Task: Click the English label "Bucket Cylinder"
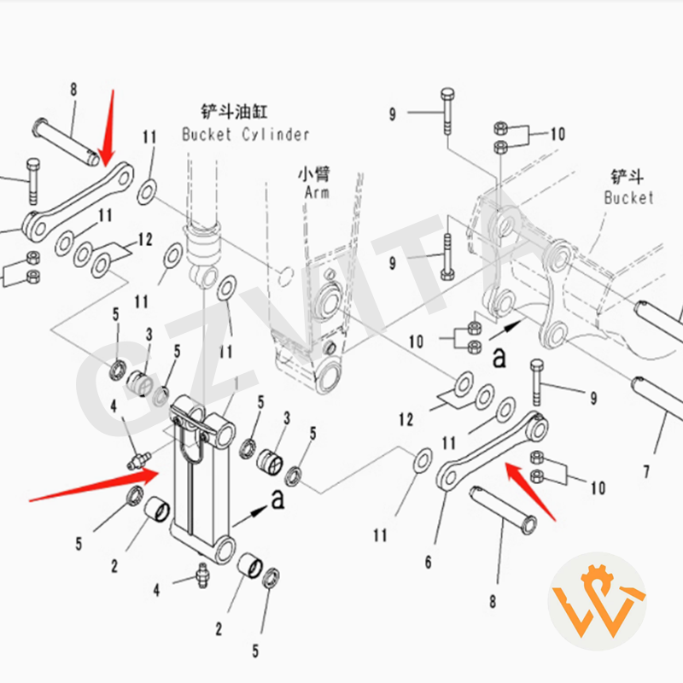point(245,134)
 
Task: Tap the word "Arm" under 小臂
point(316,193)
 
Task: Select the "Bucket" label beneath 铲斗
point(628,197)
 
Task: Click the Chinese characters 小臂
point(313,174)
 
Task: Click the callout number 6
point(429,563)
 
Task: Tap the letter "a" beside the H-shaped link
point(277,500)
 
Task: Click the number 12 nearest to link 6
point(405,419)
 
